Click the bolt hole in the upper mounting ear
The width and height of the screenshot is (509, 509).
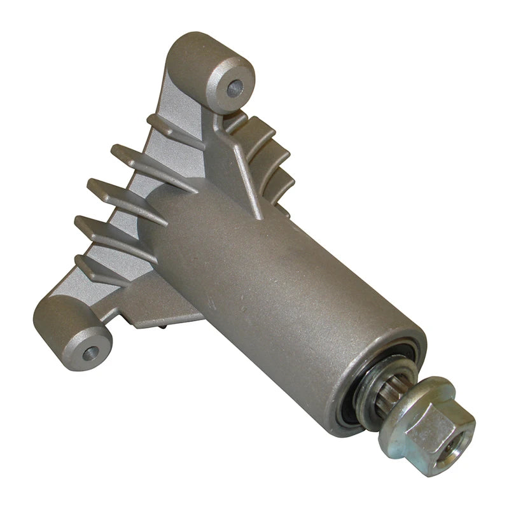[235, 85]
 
